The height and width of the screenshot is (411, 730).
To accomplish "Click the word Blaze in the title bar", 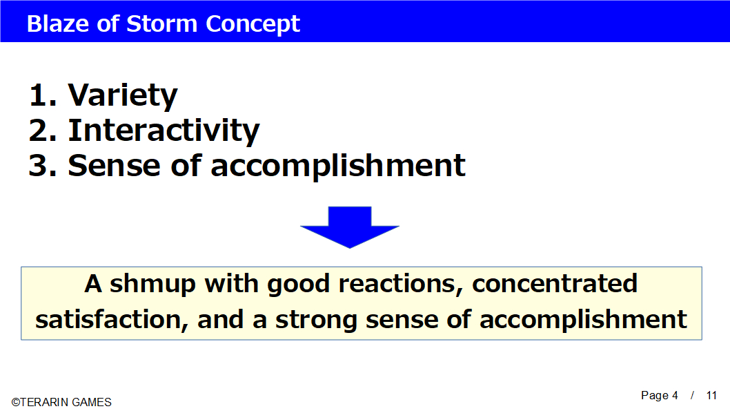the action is pos(58,23).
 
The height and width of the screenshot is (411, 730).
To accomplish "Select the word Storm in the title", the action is pos(161,23).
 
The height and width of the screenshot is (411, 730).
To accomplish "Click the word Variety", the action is pos(123,96).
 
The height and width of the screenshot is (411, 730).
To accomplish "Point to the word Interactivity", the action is pos(164,131).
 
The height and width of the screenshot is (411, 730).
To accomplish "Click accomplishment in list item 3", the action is pos(338,166).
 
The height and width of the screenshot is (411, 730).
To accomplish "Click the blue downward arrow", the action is pos(350,227).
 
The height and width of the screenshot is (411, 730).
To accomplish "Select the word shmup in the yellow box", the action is pos(152,285).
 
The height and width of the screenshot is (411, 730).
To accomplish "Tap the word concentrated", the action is pos(555,283).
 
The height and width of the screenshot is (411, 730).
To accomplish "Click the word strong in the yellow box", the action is pos(316,321).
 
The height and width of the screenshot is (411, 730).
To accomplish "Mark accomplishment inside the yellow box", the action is pos(583,320).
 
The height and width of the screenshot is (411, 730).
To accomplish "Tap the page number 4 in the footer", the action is pos(675,396).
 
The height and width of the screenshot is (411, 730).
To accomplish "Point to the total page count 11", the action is pos(711,396).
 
